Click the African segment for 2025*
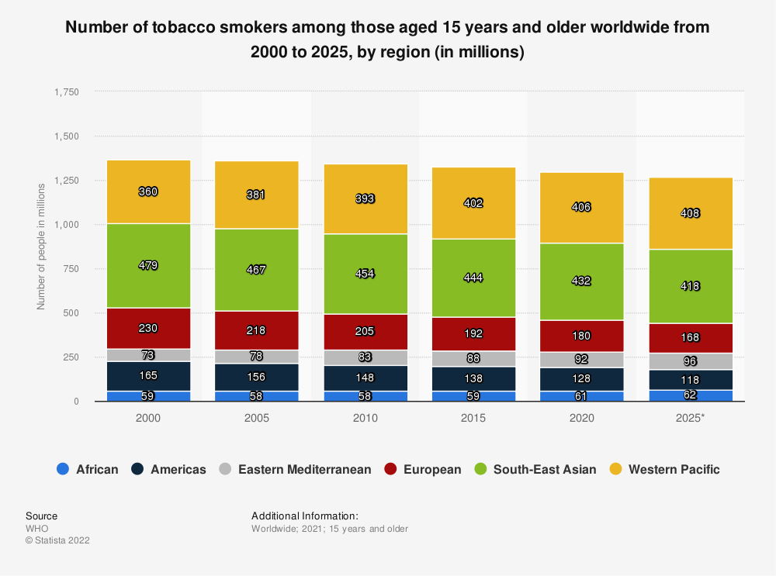(691, 395)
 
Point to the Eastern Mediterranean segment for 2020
(582, 360)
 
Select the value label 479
(148, 265)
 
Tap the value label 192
(473, 334)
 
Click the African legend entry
(88, 469)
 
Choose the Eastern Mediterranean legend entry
(296, 469)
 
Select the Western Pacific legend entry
(665, 469)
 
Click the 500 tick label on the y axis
(71, 313)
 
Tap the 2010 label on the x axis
(365, 418)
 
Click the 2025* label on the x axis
(691, 418)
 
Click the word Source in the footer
(41, 516)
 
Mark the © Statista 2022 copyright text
(57, 540)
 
